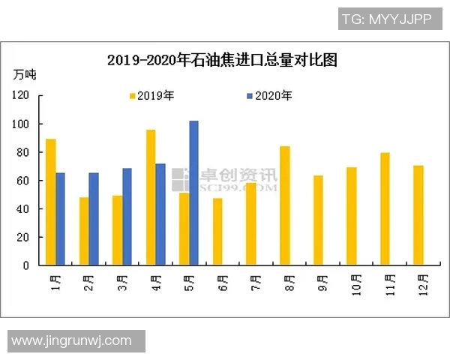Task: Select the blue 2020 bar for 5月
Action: [193, 193]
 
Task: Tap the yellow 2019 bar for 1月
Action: [50, 202]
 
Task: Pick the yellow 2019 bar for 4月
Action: [151, 197]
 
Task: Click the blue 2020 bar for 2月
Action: [94, 219]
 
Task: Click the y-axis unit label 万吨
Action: [25, 74]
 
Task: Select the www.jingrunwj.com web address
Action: [72, 340]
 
